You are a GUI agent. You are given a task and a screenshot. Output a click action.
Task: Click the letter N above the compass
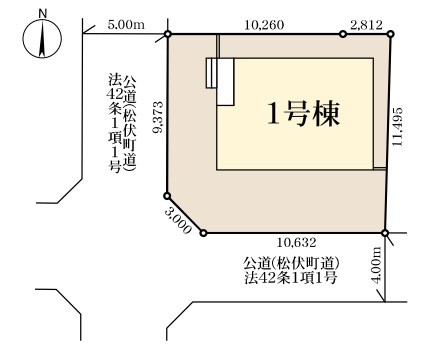(40, 14)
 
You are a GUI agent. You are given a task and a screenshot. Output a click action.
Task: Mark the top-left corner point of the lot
(167, 35)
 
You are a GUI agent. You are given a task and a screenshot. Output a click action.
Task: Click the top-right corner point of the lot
(391, 35)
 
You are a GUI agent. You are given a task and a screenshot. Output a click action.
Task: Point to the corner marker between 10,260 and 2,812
(343, 35)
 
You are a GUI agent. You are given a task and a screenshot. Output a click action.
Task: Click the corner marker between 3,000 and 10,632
(204, 234)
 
